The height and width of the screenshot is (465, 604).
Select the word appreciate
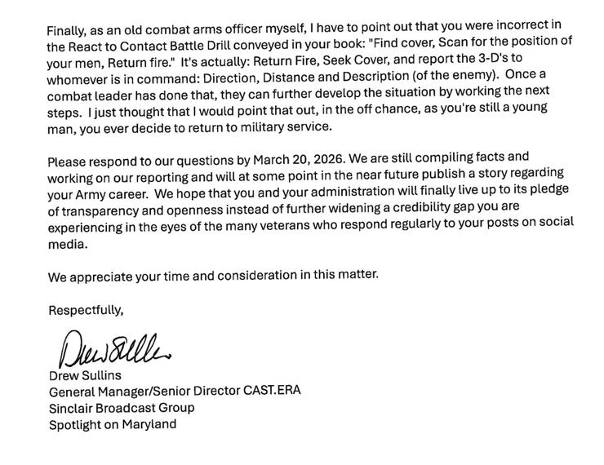click(x=101, y=276)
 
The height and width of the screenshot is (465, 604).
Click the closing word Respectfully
click(x=86, y=309)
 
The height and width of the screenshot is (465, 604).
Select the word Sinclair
click(x=70, y=407)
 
